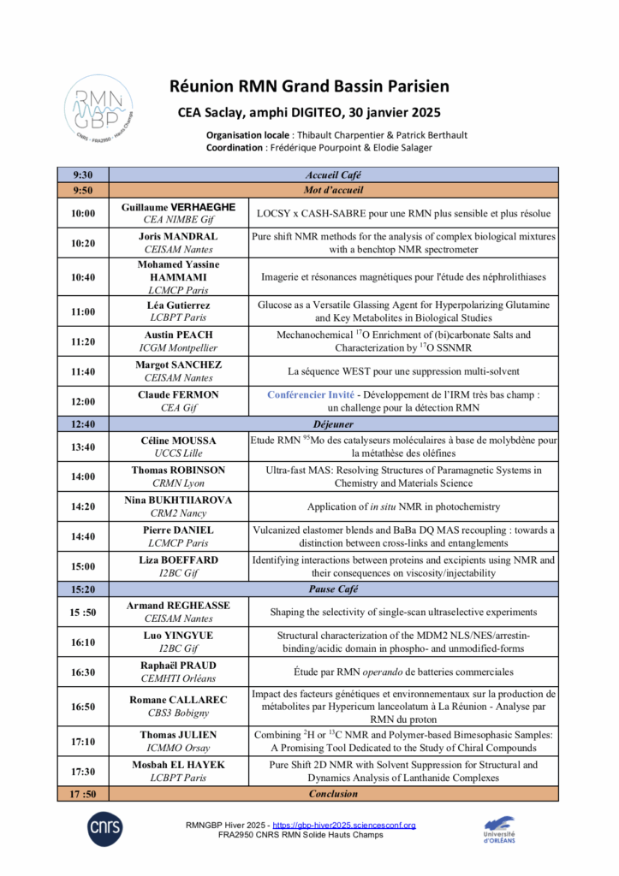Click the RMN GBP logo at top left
coord(99,109)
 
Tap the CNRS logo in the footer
coord(104,827)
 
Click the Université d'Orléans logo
coord(500,828)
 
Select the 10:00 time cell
coord(83,213)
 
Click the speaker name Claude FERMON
coord(177,395)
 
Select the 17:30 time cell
coord(83,771)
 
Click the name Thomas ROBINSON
coord(178,470)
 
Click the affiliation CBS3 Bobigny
coord(178,713)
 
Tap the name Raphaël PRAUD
coord(178,666)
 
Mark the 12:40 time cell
coord(83,423)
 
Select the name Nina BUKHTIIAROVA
coord(178,500)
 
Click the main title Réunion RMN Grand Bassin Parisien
coord(308,86)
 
